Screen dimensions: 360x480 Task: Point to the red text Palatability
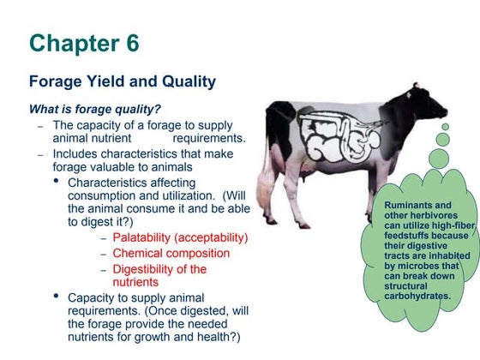tap(150, 237)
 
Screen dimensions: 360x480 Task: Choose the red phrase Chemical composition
tap(171, 254)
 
